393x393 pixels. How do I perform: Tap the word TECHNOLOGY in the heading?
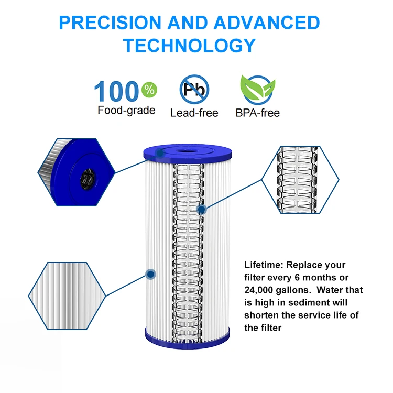(x=189, y=46)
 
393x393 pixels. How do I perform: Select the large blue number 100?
(x=117, y=92)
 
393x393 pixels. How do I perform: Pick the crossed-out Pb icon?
(x=194, y=89)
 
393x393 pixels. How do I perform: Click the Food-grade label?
(x=126, y=110)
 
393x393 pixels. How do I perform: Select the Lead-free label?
(x=194, y=113)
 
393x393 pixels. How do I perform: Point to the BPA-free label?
(x=257, y=113)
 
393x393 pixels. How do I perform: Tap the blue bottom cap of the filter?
(x=187, y=338)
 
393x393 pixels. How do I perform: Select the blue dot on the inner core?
(x=201, y=209)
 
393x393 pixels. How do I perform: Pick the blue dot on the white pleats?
(x=151, y=274)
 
